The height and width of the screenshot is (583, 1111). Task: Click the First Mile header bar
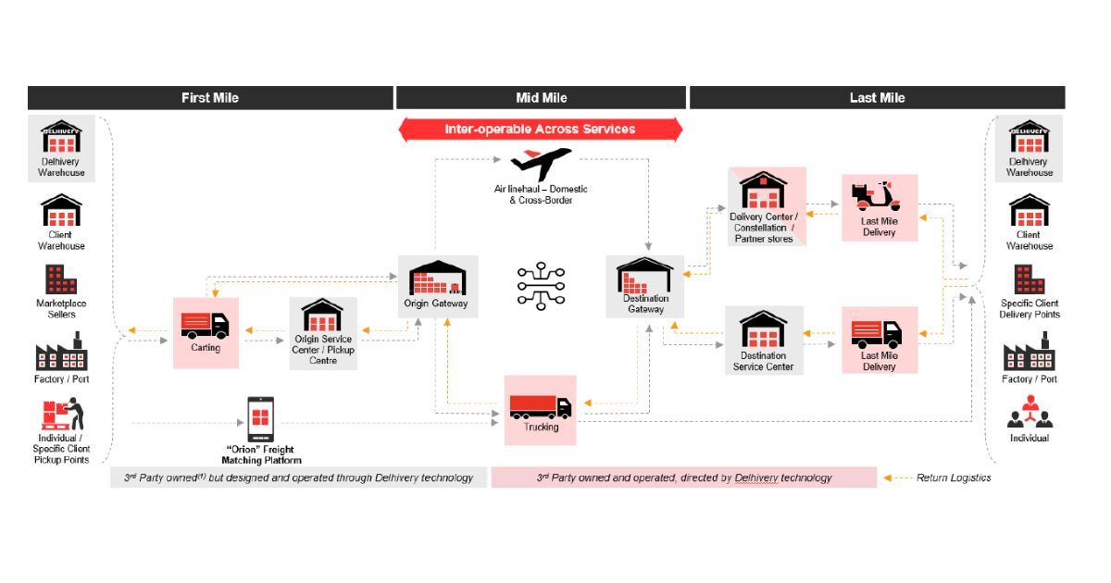pos(210,98)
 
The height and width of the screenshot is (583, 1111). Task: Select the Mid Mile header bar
pos(542,98)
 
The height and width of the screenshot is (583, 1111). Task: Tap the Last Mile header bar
pos(877,98)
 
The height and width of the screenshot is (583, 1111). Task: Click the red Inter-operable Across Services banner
pos(540,130)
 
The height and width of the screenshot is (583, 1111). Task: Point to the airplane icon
pos(541,165)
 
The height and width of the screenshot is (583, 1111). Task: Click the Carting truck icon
pos(205,325)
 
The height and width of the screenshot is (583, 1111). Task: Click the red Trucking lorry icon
pos(540,405)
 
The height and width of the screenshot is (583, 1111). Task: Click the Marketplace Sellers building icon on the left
pos(61,280)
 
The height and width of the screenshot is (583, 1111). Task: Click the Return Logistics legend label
pos(953,478)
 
